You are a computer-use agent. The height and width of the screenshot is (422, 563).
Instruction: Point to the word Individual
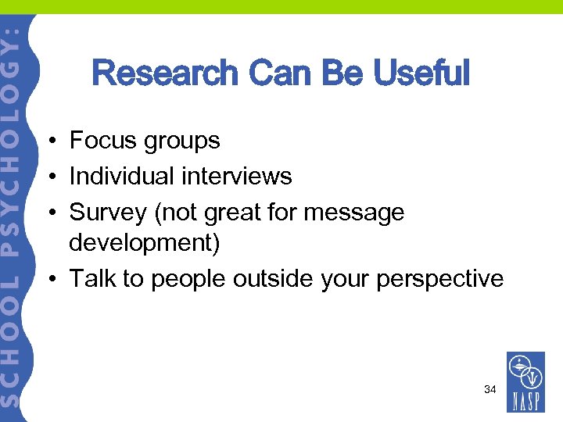click(x=122, y=177)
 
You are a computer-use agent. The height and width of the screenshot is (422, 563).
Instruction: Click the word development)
click(x=145, y=244)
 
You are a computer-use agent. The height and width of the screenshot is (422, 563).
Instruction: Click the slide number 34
click(x=489, y=389)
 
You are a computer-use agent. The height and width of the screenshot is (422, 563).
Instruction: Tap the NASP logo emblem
click(x=525, y=372)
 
